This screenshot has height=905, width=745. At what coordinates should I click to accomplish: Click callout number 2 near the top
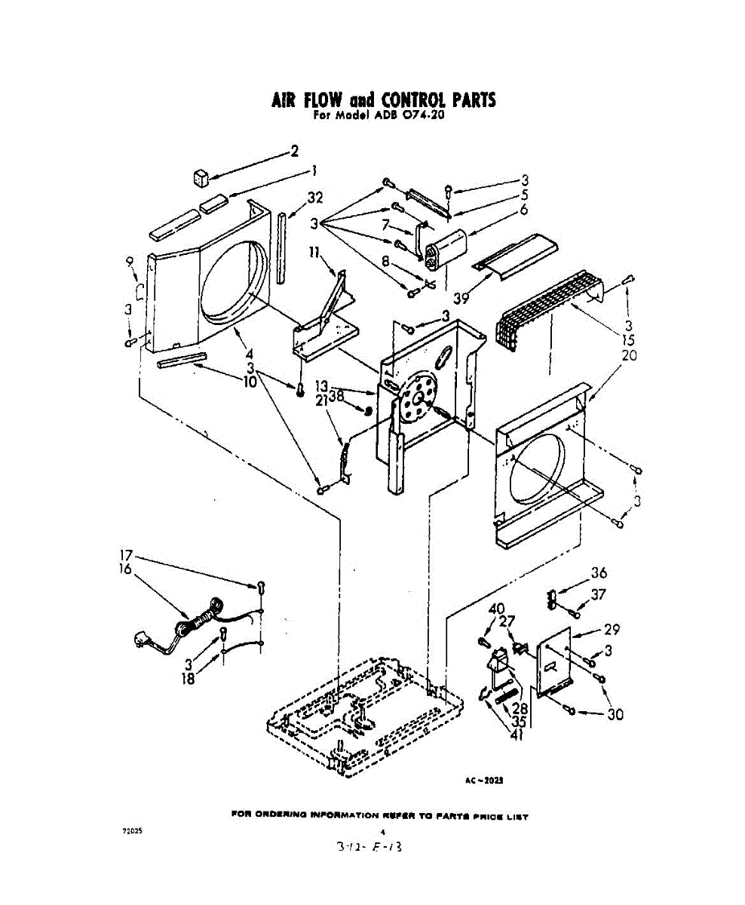pyautogui.click(x=295, y=150)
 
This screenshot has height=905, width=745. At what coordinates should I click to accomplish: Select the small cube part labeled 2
pyautogui.click(x=200, y=178)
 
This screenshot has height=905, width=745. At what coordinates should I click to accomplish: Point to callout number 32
pyautogui.click(x=314, y=198)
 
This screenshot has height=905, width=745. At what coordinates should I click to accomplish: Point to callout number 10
pyautogui.click(x=250, y=381)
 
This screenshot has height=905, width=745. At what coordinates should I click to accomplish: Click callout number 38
pyautogui.click(x=336, y=394)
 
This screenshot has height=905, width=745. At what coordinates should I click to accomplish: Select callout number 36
pyautogui.click(x=599, y=572)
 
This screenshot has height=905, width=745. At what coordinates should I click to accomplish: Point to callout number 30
pyautogui.click(x=615, y=713)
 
